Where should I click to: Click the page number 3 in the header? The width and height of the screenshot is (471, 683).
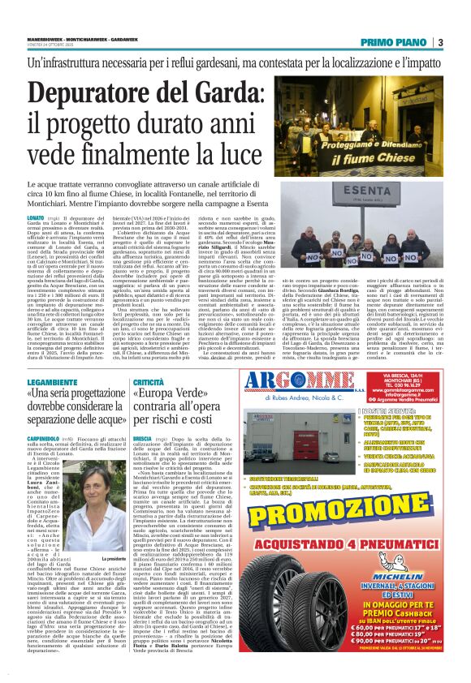pos(439,43)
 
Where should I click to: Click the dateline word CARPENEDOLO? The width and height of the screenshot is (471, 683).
pos(45,439)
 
